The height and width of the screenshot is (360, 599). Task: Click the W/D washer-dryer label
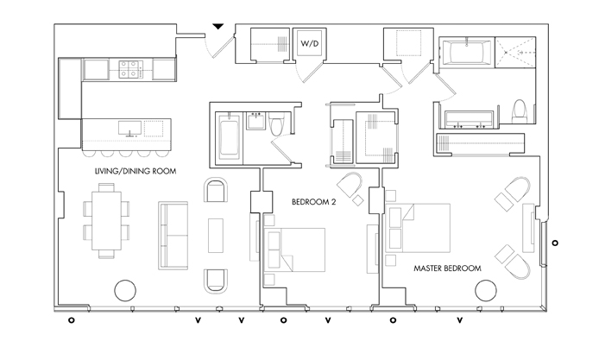click(309, 43)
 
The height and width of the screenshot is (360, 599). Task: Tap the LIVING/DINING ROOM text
click(136, 171)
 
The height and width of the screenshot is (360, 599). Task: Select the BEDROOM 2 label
click(313, 202)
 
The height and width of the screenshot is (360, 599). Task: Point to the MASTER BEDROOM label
click(447, 268)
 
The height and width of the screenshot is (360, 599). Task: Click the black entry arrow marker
click(218, 27)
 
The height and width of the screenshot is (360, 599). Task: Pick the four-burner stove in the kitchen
click(130, 69)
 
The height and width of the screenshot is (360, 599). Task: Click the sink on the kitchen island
click(129, 129)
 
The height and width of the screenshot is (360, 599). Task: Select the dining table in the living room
click(106, 220)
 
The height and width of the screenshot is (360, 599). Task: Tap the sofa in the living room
click(173, 236)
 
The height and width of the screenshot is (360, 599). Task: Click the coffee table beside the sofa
click(216, 236)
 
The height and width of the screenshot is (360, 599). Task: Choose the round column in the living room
click(125, 290)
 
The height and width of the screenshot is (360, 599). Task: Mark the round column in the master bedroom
click(486, 290)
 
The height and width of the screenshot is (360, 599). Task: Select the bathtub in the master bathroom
click(467, 54)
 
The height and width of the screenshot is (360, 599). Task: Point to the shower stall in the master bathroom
click(515, 53)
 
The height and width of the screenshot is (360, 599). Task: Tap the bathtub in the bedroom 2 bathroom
click(230, 137)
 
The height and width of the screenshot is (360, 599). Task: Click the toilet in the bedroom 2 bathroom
click(276, 123)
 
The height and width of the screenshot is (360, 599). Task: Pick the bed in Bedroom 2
click(294, 250)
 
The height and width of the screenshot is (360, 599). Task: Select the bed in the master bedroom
click(418, 228)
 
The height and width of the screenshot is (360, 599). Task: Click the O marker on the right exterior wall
click(555, 243)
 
